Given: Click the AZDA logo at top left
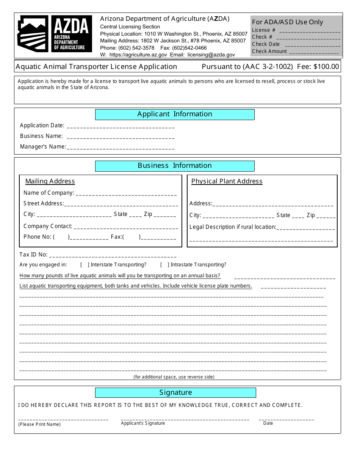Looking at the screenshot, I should click(x=55, y=34).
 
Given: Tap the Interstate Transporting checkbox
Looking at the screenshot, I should click(x=85, y=265).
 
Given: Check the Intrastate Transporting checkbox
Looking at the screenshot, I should click(x=165, y=265).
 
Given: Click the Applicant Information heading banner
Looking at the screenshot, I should click(x=175, y=114).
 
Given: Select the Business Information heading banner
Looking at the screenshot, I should click(x=175, y=166).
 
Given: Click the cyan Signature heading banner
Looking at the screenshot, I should click(x=175, y=393).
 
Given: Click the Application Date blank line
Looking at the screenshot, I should click(x=121, y=126).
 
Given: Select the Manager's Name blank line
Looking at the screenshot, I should click(x=121, y=147).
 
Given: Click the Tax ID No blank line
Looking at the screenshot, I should click(x=113, y=256).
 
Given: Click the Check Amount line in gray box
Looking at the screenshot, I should click(x=314, y=52).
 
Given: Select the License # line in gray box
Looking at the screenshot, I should click(x=310, y=31).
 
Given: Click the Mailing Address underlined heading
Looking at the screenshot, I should click(x=50, y=181).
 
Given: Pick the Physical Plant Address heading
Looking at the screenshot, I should click(x=227, y=181).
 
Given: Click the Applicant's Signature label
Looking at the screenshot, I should click(x=143, y=423).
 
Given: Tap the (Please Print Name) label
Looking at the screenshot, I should click(x=39, y=424).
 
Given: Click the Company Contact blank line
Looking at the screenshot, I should click(x=126, y=227).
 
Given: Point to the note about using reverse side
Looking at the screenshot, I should click(x=174, y=377).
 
